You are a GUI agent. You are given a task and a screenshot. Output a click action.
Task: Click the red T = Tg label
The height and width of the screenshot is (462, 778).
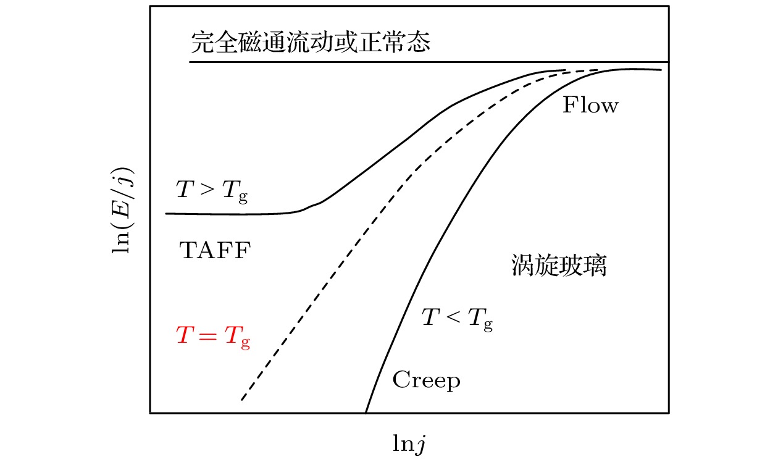[213, 337]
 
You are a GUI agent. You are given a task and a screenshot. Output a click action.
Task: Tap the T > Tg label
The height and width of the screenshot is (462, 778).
[212, 191]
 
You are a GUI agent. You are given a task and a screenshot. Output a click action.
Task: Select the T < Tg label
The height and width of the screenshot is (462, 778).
[458, 319]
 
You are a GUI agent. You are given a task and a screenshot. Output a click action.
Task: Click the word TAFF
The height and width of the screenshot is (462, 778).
[215, 250]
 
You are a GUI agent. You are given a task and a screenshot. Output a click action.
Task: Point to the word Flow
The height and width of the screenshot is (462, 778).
[590, 105]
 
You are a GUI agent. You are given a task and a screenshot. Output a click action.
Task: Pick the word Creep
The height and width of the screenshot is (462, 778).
[427, 380]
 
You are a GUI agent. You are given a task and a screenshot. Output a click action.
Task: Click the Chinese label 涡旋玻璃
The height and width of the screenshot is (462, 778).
[559, 265]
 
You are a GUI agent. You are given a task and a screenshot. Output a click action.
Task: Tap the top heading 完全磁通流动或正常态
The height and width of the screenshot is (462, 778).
[311, 43]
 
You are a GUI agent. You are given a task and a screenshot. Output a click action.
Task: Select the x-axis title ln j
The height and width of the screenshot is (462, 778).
[409, 444]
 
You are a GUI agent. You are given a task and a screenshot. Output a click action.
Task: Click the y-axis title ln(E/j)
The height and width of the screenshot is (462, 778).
[122, 211]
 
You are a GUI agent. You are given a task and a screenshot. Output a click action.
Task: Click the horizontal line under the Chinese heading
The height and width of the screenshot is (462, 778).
[429, 62]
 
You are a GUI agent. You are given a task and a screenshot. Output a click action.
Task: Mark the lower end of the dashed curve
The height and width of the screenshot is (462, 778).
[242, 400]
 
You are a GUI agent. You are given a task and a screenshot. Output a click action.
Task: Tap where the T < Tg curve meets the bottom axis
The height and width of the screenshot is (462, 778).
[366, 413]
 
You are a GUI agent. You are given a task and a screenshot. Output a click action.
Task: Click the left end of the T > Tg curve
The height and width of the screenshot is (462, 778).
[166, 214]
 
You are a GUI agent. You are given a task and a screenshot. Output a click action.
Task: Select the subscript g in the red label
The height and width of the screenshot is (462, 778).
[245, 343]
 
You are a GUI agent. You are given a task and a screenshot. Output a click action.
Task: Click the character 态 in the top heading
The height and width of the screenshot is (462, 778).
[419, 43]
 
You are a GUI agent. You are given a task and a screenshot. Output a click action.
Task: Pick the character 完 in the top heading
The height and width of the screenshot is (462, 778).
[203, 43]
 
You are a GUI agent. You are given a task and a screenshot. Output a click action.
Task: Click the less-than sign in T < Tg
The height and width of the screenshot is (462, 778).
[453, 317]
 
